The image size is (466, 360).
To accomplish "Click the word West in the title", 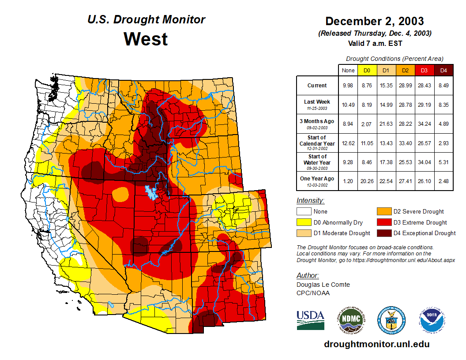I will [x=146, y=39].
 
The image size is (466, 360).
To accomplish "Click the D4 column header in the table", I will [x=443, y=71].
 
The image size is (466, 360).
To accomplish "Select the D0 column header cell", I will [x=367, y=71].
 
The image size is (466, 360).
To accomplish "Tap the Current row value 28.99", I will [x=405, y=86].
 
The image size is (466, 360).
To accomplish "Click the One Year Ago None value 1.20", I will [x=348, y=179].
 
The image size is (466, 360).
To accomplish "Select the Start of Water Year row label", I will [x=317, y=160].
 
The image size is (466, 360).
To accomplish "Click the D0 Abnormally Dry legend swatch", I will [x=304, y=222].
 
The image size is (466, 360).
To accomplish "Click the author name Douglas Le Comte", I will [x=323, y=285].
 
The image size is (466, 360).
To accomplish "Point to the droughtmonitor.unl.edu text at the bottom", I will [x=376, y=344].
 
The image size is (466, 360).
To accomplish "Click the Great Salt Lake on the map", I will [x=151, y=192].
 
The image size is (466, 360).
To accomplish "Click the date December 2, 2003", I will [x=374, y=21].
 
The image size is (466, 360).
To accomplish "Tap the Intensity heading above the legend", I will [x=310, y=201].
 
